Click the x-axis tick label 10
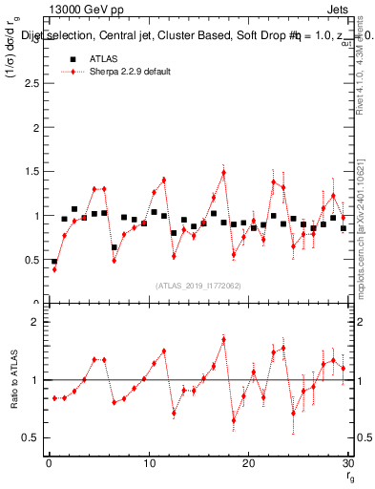click(x=148, y=463)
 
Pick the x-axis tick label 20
click(x=248, y=463)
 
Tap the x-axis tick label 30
click(x=347, y=463)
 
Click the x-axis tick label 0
click(x=49, y=463)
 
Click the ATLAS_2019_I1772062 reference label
click(x=198, y=286)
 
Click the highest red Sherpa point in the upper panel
click(x=223, y=173)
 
